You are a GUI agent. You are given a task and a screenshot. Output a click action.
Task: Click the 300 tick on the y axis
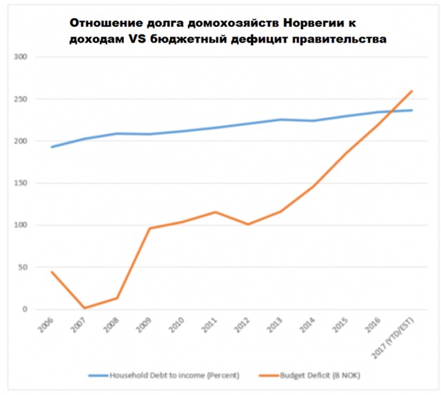click(x=35, y=57)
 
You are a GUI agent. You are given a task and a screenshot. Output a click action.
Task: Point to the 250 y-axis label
click(x=35, y=99)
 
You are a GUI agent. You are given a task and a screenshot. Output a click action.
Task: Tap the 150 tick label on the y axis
click(x=35, y=183)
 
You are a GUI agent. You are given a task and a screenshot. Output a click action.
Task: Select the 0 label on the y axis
click(x=41, y=310)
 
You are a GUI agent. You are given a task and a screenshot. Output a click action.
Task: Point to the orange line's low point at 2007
click(x=84, y=308)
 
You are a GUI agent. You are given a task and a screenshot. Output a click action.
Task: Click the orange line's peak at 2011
click(x=215, y=212)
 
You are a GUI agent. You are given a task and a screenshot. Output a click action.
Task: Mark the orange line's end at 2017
click(x=412, y=91)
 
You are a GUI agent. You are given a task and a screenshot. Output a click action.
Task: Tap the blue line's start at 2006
click(x=52, y=147)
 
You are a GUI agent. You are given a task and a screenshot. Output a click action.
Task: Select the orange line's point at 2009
click(x=150, y=228)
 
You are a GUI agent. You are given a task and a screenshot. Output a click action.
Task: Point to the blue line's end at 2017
click(x=412, y=110)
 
